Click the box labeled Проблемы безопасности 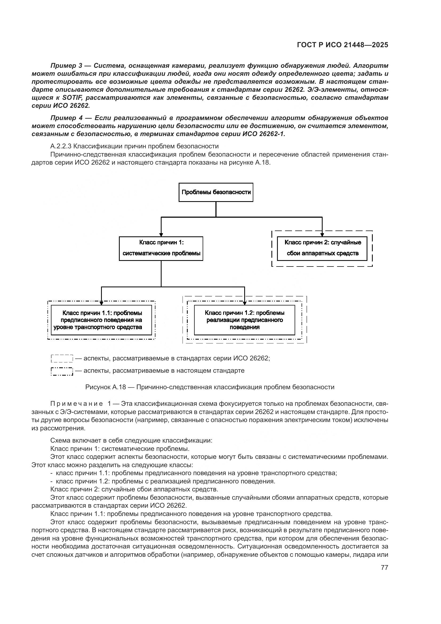tap(216, 192)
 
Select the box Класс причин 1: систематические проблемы tap(161, 248)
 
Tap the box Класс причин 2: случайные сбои tap(322, 248)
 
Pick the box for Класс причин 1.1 tap(101, 320)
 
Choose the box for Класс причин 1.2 tap(244, 320)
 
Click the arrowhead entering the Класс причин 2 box tap(322, 235)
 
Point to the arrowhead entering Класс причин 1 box tap(161, 235)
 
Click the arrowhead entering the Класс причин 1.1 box tap(101, 304)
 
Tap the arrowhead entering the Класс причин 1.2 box tap(244, 304)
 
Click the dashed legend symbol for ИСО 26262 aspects tap(62, 359)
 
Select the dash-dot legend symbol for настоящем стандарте tap(62, 371)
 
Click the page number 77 tap(384, 567)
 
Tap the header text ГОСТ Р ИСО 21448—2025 tap(342, 45)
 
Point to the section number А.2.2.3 tap(61, 146)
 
